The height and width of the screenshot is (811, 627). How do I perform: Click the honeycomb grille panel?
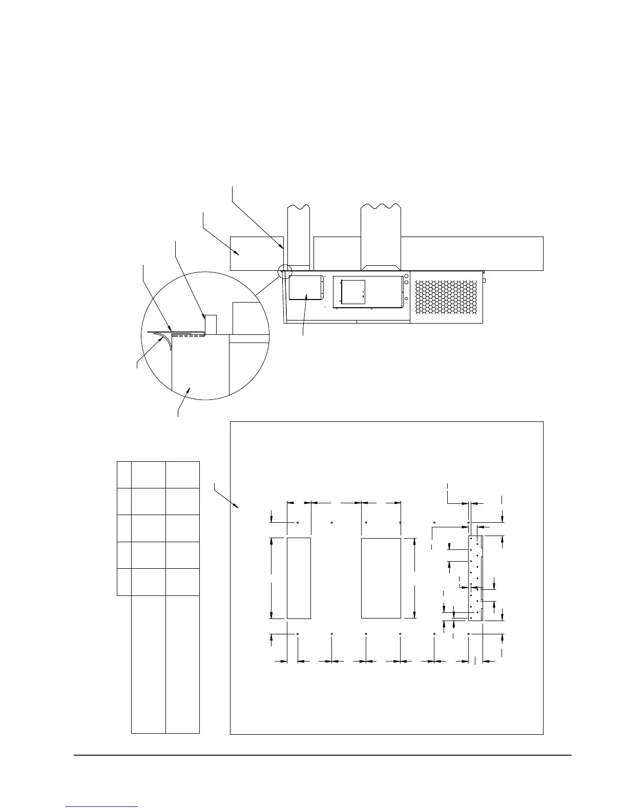point(446,297)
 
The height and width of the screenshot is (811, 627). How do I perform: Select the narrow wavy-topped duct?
point(298,236)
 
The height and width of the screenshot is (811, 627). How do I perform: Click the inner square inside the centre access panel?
point(353,292)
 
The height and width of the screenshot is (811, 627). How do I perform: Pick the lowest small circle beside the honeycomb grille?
point(406,298)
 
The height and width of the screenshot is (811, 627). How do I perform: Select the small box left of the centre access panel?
point(305,288)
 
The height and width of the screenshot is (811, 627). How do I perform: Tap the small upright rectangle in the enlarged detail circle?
point(211,324)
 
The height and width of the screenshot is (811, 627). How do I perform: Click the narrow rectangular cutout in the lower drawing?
point(299,578)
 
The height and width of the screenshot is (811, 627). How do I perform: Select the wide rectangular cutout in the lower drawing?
point(381,578)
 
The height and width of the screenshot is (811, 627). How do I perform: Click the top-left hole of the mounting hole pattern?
point(298,523)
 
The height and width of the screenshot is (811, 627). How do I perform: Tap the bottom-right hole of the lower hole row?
point(469,634)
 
